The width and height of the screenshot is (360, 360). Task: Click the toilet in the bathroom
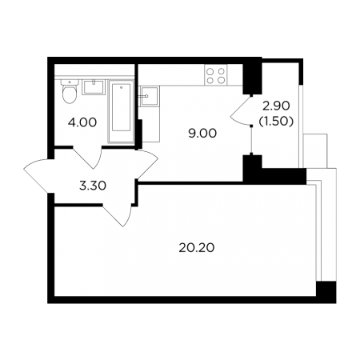[70, 91]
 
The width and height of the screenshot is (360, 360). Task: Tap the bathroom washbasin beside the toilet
[94, 87]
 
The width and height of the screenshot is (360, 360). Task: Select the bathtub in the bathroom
[121, 112]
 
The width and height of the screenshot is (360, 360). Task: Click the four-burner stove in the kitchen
[216, 75]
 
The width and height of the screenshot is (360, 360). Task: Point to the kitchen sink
[149, 96]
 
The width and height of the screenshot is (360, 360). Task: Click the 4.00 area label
[82, 122]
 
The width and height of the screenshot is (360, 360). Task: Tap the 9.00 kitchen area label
[202, 134]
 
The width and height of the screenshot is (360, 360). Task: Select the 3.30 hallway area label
[93, 186]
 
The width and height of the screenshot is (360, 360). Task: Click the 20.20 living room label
[197, 248]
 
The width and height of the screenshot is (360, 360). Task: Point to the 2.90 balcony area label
[276, 106]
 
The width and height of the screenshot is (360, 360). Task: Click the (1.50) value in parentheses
[276, 122]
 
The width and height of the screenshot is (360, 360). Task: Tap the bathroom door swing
[88, 158]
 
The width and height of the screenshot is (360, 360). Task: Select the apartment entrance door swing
[38, 176]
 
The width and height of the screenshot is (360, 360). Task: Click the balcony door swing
[241, 110]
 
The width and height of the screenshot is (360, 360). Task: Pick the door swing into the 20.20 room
[118, 215]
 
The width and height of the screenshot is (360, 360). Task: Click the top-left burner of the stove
[210, 71]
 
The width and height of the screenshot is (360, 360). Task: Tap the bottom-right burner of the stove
[221, 80]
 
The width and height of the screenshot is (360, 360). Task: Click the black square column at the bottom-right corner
[326, 292]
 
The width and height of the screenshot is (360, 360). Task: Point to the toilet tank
[70, 82]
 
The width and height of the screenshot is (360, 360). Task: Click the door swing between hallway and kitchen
[147, 164]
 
